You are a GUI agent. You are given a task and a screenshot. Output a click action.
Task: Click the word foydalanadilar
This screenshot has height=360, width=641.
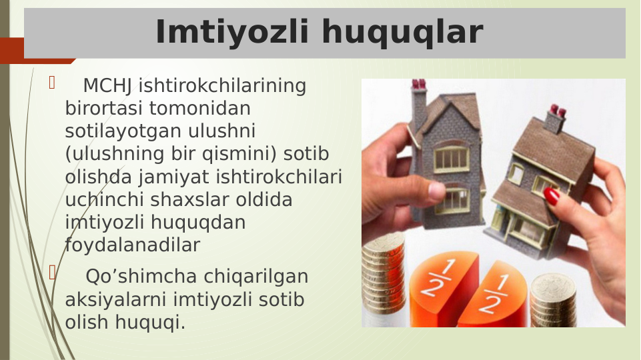132,245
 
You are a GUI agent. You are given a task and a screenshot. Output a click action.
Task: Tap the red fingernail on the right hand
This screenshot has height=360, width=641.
552,195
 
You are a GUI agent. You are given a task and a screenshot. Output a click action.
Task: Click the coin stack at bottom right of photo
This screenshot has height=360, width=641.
553,300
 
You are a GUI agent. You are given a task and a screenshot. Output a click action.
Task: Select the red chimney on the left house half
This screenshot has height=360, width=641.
419,85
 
